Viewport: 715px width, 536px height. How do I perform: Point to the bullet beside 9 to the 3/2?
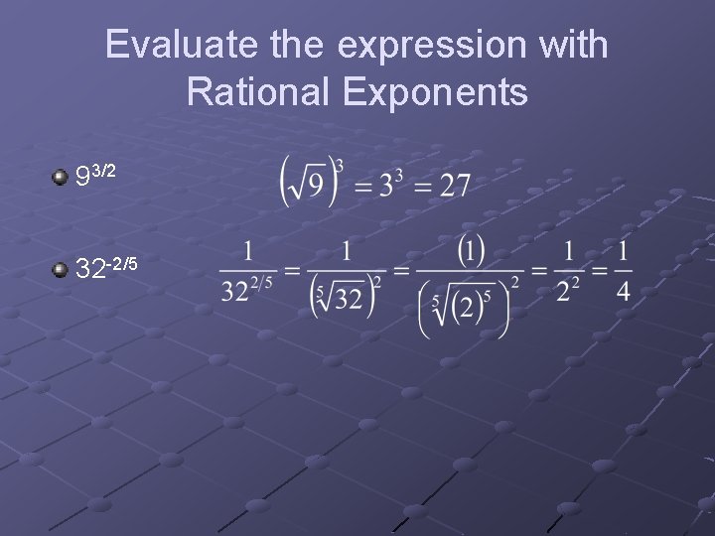61,178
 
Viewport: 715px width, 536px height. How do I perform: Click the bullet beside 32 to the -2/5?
61,269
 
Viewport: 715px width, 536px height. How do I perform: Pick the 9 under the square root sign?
315,186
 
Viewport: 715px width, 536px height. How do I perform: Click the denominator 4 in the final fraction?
623,292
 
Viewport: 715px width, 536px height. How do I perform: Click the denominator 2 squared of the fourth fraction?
568,292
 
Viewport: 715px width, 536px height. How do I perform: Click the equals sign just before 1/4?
599,270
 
